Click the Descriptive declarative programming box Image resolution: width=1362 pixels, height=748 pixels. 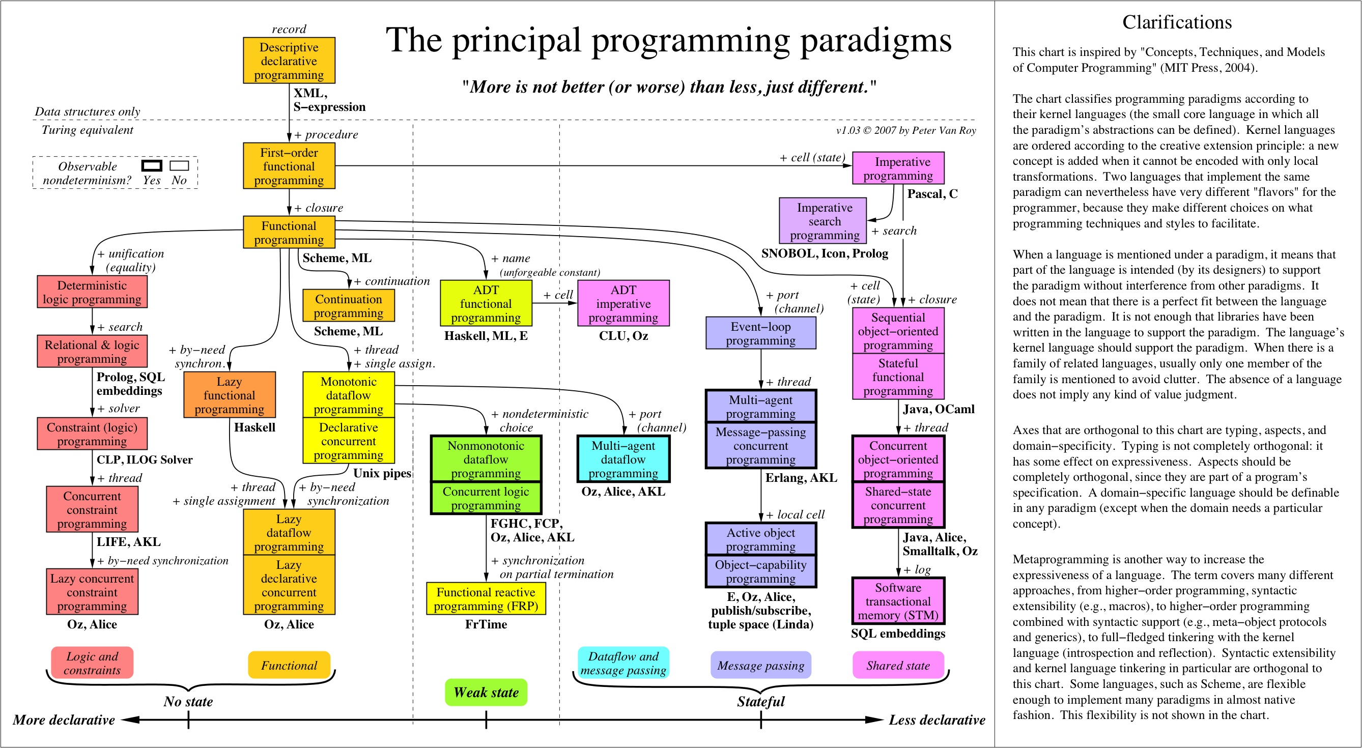[x=289, y=60]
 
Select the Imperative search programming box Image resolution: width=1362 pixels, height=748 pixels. [x=823, y=220]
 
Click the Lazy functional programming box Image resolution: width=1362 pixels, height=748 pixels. [x=229, y=395]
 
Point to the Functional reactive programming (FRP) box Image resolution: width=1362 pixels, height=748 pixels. [x=486, y=598]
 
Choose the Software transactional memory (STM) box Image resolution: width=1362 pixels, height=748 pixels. [x=898, y=601]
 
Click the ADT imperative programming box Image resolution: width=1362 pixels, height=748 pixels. [x=623, y=303]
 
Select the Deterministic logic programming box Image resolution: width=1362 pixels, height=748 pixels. [x=92, y=292]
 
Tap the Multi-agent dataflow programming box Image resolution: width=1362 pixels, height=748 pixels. [x=623, y=459]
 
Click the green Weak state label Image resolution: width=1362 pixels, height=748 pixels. [x=486, y=692]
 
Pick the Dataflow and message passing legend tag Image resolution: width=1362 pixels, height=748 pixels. [x=623, y=663]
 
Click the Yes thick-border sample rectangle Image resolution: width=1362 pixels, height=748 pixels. [x=152, y=166]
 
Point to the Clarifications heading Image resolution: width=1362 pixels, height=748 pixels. [x=1176, y=22]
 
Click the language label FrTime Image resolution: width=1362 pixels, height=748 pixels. [x=486, y=624]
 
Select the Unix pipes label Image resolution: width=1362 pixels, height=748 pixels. [x=382, y=473]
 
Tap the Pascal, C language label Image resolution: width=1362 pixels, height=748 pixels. [x=932, y=194]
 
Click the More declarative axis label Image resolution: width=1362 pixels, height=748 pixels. [x=64, y=720]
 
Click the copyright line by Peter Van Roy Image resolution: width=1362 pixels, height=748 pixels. [x=905, y=131]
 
